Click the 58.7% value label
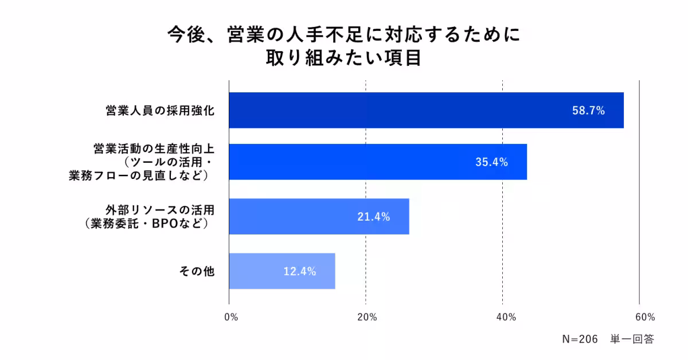(x=588, y=111)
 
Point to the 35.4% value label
(x=491, y=162)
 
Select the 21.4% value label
(x=374, y=217)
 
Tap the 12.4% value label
(x=300, y=271)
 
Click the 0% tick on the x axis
(x=230, y=317)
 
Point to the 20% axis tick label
(x=367, y=317)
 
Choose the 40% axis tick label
(x=504, y=317)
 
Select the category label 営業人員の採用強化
(x=160, y=111)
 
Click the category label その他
(x=198, y=271)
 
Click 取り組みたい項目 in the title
(x=343, y=58)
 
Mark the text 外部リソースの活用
(x=159, y=210)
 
